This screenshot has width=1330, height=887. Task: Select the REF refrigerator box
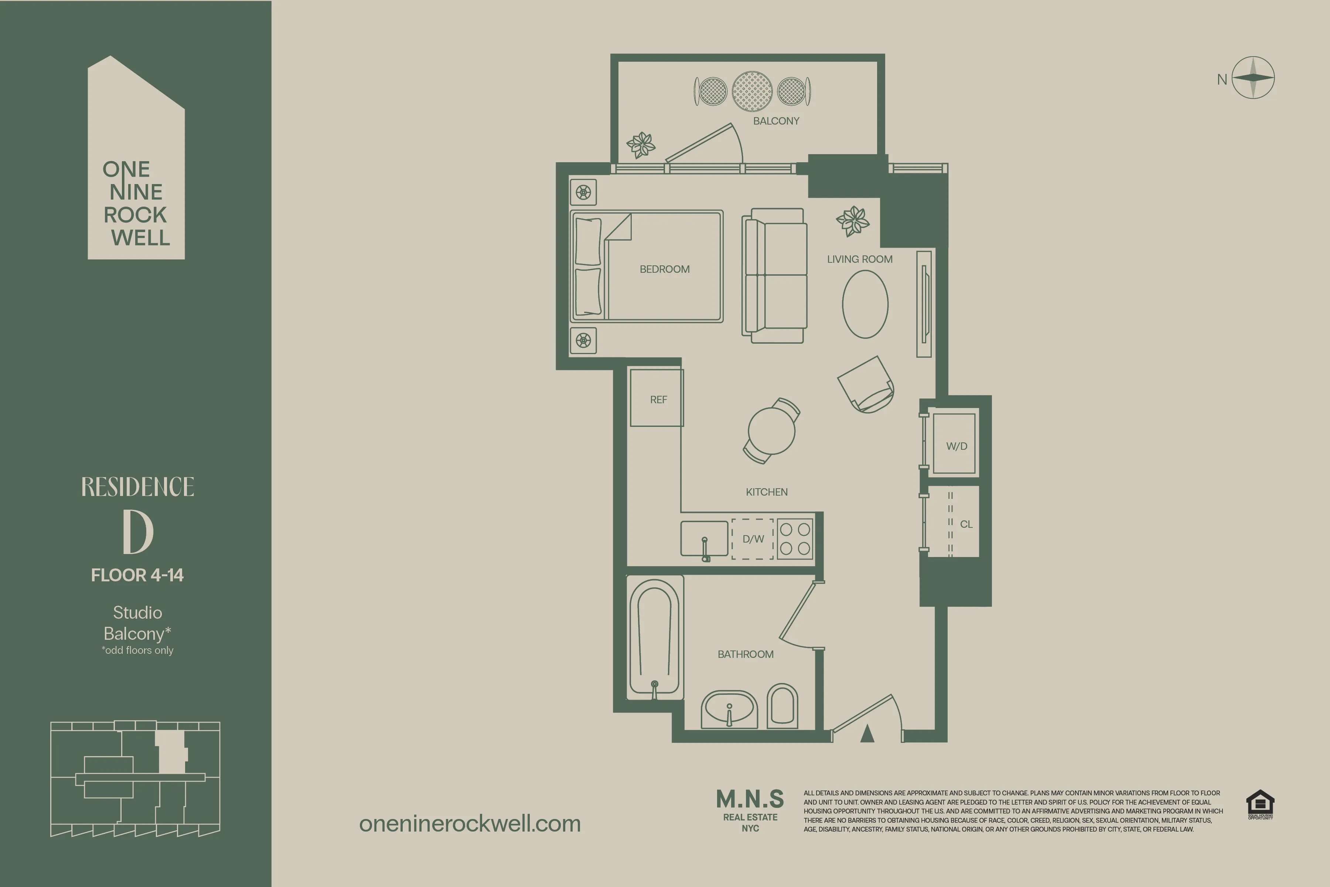(x=657, y=398)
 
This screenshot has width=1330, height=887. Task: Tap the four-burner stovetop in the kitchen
(x=795, y=538)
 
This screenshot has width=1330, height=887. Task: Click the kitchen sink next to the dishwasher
(x=704, y=538)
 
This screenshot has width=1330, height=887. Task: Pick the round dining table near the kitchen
(x=771, y=431)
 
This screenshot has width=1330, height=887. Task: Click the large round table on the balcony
(x=752, y=91)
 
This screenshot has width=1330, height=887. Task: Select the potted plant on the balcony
(x=641, y=145)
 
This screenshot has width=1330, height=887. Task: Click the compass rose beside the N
(x=1253, y=78)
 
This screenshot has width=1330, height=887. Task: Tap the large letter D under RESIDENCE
(x=137, y=532)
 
